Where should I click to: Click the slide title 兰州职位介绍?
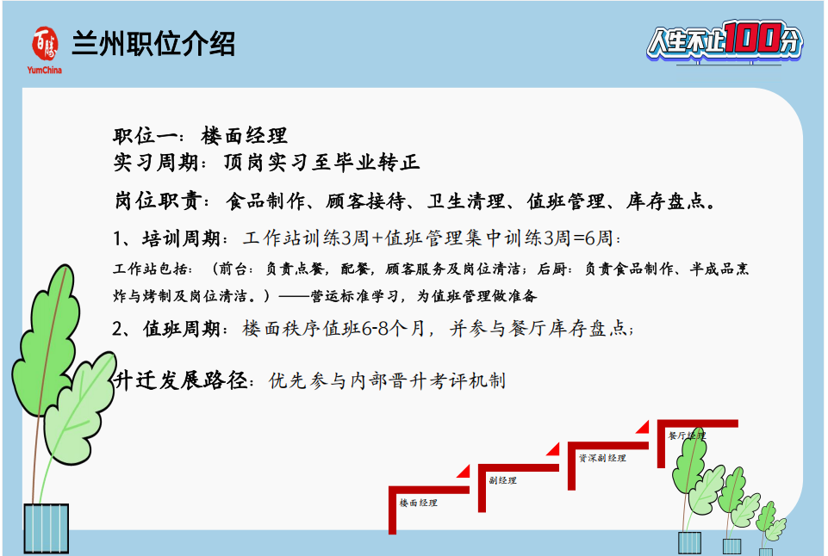(153, 43)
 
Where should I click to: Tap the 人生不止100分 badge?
(725, 40)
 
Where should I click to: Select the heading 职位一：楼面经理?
(200, 136)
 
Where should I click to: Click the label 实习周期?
(156, 162)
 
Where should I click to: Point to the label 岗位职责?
(158, 201)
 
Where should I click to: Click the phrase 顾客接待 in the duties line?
(365, 201)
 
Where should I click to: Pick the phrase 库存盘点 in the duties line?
(666, 201)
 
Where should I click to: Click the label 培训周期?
(181, 238)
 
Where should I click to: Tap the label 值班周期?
(181, 329)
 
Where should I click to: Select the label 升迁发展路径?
(180, 380)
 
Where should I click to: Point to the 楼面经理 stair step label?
(418, 503)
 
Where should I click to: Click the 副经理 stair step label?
(502, 480)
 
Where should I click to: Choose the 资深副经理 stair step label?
(602, 458)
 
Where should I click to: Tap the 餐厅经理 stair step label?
(687, 436)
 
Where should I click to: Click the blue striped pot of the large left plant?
(46, 528)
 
